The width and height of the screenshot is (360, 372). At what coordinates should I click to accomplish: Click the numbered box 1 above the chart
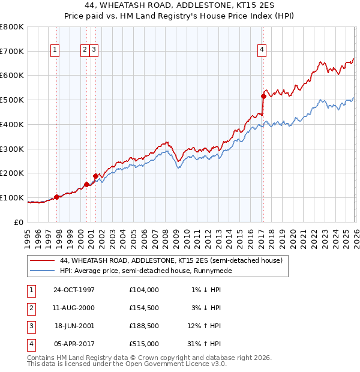tap(55, 50)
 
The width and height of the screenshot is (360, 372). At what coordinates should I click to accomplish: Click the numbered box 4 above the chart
tap(262, 50)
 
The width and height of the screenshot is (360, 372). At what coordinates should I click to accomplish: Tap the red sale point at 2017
tap(263, 95)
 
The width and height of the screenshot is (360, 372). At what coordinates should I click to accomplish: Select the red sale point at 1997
tap(57, 196)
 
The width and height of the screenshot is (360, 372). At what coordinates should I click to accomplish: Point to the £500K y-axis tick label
tap(11, 100)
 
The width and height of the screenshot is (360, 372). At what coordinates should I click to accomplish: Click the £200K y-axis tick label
tap(11, 173)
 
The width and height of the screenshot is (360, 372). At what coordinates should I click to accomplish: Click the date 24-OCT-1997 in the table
tap(74, 290)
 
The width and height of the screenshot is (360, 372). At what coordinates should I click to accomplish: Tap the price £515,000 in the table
tap(144, 344)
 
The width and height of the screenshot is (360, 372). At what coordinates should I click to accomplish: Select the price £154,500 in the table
tap(144, 308)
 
